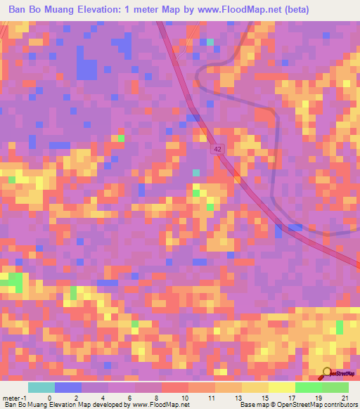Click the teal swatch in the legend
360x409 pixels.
(x=41, y=387)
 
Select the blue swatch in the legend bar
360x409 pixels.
(x=67, y=387)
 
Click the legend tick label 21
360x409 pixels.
(x=344, y=398)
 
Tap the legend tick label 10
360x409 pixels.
(x=185, y=398)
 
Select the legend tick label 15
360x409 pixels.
(x=264, y=398)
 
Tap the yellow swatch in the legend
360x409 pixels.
(x=255, y=387)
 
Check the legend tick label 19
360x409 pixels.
(x=318, y=398)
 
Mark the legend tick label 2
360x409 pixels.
(x=75, y=398)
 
